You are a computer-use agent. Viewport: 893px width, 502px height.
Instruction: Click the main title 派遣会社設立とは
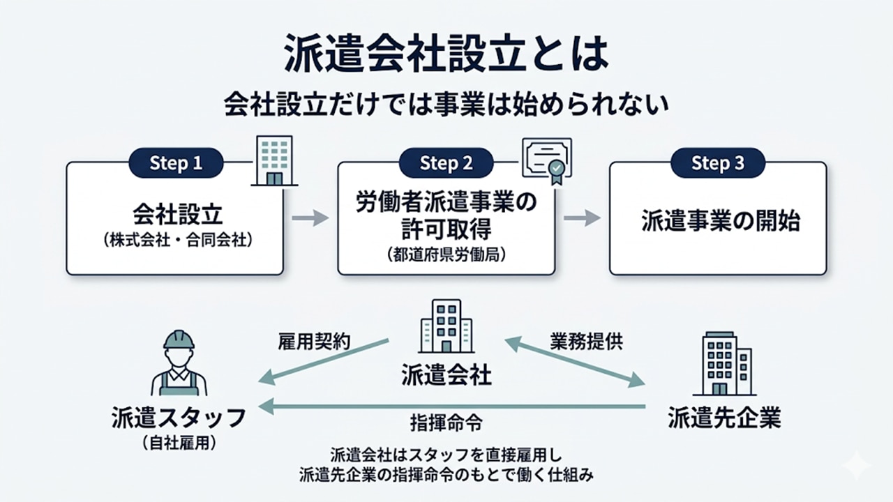(446, 54)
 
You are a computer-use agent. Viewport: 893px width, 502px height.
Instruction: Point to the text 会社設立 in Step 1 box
(175, 213)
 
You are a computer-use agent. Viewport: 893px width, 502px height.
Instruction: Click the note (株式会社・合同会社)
(175, 241)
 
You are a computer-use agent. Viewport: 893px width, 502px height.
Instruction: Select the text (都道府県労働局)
(446, 255)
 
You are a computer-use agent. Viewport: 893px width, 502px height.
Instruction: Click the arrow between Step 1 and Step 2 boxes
(310, 218)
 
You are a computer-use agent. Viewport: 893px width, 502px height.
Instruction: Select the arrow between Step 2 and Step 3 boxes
(582, 218)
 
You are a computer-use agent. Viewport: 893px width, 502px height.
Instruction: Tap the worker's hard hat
(179, 340)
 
